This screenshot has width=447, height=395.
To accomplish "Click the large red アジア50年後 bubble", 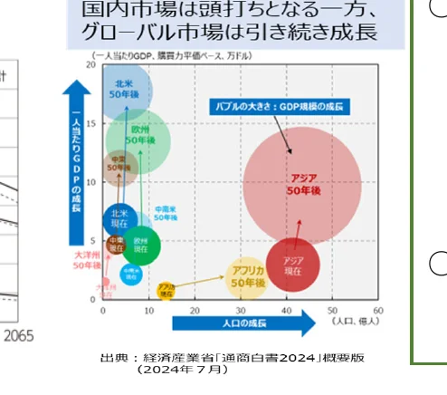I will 302,185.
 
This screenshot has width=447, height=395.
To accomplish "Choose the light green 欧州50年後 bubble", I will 138,140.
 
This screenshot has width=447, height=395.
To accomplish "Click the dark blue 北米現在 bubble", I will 119,219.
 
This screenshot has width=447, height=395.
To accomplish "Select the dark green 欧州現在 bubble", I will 140,245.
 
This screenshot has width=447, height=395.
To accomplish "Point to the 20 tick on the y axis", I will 91,65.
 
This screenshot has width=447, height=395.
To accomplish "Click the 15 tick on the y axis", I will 91,124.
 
